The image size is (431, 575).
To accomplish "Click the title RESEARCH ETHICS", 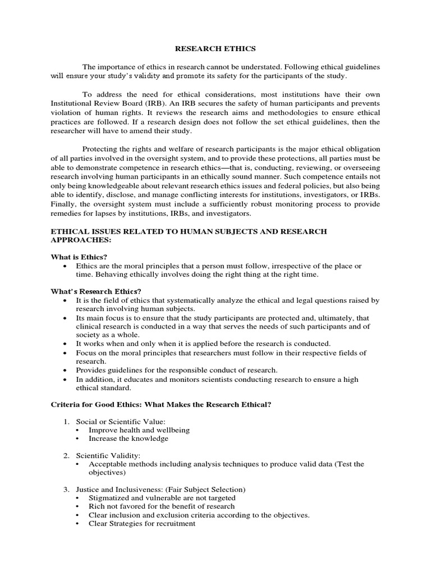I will (x=215, y=48).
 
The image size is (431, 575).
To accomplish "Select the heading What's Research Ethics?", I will (x=96, y=291).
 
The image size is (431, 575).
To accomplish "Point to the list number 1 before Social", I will (x=65, y=421).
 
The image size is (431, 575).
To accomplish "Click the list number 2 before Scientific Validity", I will (x=65, y=455).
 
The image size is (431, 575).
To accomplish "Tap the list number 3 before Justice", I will (x=65, y=489).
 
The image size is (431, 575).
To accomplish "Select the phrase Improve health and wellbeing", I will (x=139, y=430).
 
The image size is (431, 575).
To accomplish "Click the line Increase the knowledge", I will (x=128, y=438).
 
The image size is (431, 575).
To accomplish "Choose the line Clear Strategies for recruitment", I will (x=142, y=523).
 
